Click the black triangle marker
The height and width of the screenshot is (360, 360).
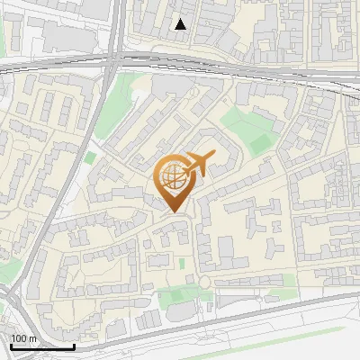click(181, 25)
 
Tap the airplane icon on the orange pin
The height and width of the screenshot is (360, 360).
click(198, 164)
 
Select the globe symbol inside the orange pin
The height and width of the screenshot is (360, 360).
click(172, 175)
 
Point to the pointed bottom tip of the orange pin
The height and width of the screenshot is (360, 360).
click(173, 211)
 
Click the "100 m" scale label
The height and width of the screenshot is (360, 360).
click(23, 337)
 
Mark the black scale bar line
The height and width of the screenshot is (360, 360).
click(41, 346)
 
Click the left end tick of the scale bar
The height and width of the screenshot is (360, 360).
click(10, 346)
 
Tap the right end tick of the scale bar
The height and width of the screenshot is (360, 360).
click(74, 346)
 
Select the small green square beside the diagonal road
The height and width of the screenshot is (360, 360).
click(90, 157)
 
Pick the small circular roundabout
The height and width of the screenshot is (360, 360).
click(204, 283)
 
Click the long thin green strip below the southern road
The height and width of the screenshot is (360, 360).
click(297, 333)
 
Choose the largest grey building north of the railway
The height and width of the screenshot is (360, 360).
click(63, 36)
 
